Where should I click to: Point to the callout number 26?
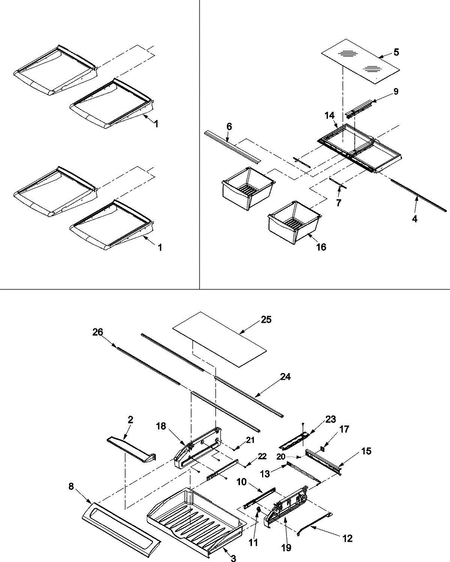[98, 333]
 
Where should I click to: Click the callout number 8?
[72, 487]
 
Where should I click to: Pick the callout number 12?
[347, 538]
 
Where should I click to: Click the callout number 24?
[285, 376]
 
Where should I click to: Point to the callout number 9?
[396, 91]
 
